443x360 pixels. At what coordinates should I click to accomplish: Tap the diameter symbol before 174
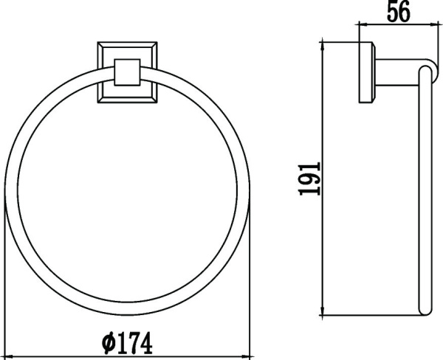(x=107, y=343)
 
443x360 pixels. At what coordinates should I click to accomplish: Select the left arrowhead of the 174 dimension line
(x=11, y=356)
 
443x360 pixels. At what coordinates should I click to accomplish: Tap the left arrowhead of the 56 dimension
(x=361, y=25)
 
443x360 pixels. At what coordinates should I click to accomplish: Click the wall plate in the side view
(x=365, y=73)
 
